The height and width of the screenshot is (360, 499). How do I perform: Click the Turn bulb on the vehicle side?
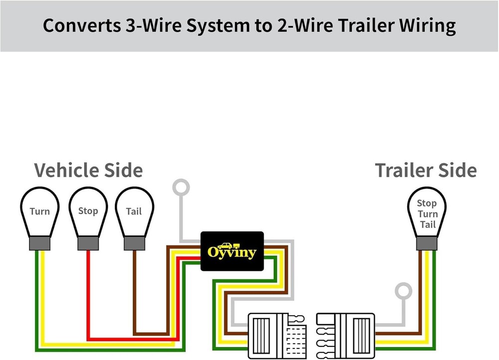coord(39,212)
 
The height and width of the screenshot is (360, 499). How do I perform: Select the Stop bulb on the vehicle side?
coord(88,212)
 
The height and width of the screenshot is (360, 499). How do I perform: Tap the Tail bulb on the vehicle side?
coord(134,212)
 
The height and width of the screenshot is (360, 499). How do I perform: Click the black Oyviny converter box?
coord(232,251)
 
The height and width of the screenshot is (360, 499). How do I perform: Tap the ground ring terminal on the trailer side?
coord(403,292)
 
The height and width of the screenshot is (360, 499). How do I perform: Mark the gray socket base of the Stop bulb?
coord(88,243)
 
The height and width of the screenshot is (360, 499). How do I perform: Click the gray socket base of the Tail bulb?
coord(134,243)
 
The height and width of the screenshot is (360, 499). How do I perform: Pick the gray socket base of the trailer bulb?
coord(427,243)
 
